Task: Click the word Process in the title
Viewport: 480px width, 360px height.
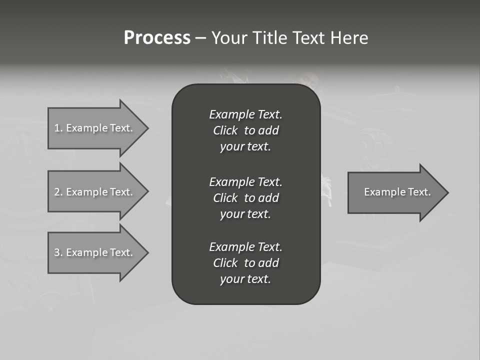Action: click(x=157, y=38)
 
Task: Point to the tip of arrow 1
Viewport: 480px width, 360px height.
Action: click(x=147, y=128)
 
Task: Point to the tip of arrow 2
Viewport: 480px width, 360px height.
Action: click(x=147, y=192)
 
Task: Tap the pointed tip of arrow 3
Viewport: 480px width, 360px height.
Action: click(x=147, y=252)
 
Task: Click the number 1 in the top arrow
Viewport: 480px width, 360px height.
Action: click(x=57, y=128)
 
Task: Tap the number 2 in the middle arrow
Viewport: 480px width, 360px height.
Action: click(x=57, y=192)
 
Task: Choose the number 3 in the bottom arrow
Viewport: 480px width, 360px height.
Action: click(x=57, y=252)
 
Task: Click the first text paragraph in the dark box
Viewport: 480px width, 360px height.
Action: click(x=245, y=130)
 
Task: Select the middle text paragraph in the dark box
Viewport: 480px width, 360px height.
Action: click(x=245, y=198)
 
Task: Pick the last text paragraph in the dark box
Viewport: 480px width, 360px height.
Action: click(x=245, y=263)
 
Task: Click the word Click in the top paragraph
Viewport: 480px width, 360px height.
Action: click(x=225, y=130)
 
